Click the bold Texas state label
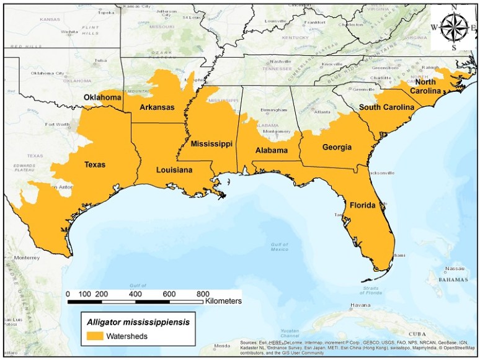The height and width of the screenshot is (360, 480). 95,165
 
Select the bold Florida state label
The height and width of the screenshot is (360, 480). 363,205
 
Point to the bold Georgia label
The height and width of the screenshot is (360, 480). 337,148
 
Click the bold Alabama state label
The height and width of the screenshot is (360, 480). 272,151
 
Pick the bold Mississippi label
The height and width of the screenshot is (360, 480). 211,144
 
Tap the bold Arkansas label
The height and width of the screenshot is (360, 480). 157,107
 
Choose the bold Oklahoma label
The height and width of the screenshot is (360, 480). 102,98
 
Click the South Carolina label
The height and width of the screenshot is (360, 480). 386,107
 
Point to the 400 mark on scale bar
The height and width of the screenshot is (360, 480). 135,294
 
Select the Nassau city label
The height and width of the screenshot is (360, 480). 455,269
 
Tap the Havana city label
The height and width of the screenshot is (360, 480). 360,305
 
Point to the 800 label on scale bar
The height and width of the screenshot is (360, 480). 202,294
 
